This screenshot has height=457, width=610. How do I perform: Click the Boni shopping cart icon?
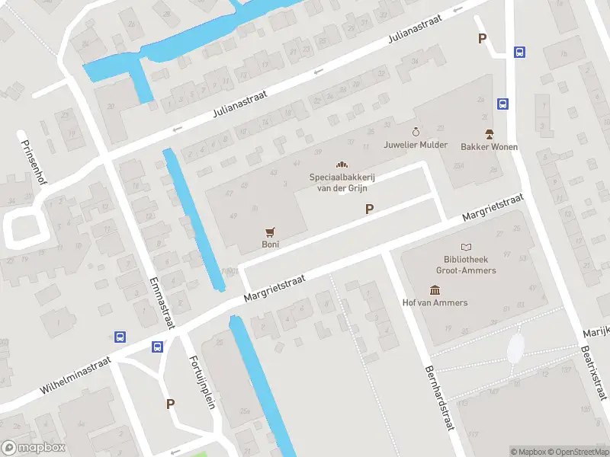tap(270, 232)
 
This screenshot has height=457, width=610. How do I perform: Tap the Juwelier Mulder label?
tap(416, 145)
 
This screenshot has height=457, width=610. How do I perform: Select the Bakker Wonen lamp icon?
tap(489, 133)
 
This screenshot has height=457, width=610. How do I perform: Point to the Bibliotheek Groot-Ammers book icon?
tap(466, 247)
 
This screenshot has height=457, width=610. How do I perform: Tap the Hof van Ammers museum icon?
tap(435, 289)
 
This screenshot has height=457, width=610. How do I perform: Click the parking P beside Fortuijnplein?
tap(171, 404)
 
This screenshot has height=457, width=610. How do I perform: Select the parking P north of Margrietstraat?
tap(370, 209)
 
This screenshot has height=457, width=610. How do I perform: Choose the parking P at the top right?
tap(482, 39)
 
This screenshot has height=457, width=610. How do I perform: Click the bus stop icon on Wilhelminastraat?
tap(120, 337)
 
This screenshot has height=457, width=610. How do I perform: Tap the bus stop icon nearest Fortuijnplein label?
tap(157, 347)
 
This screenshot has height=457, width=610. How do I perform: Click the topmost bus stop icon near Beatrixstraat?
tap(519, 53)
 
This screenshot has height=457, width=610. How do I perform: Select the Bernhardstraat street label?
tap(438, 399)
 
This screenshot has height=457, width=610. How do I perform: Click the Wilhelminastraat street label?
tap(75, 376)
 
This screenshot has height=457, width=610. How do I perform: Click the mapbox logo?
tap(34, 448)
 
